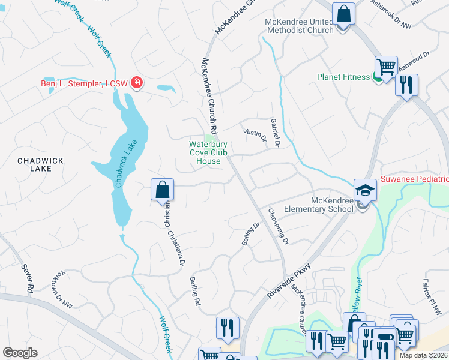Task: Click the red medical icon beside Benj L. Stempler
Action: tap(137, 83)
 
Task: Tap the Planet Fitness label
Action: tap(344, 77)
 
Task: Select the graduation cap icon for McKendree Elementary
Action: tap(364, 190)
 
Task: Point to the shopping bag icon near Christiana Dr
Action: tap(162, 190)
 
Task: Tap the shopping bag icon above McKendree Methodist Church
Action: tap(344, 13)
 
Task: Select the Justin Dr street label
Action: tap(255, 134)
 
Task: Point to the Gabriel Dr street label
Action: tap(277, 132)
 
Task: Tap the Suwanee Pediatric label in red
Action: tap(414, 179)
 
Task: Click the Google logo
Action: tap(20, 353)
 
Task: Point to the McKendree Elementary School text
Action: tap(331, 205)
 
